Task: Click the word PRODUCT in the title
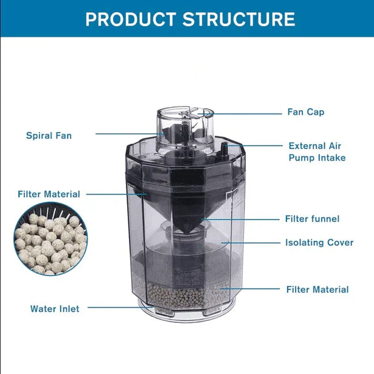click(x=131, y=19)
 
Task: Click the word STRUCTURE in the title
click(x=239, y=19)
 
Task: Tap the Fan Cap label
click(x=306, y=112)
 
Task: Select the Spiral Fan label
click(x=49, y=136)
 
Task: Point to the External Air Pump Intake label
click(x=317, y=151)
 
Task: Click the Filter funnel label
click(x=312, y=219)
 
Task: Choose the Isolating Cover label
click(x=319, y=243)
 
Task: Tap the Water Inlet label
click(x=55, y=309)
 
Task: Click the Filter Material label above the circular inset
click(x=49, y=194)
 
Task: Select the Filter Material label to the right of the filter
click(x=317, y=289)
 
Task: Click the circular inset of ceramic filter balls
click(x=50, y=239)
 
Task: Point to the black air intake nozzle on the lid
click(x=224, y=149)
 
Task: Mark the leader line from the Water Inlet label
click(x=120, y=307)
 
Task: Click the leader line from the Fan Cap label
click(x=240, y=114)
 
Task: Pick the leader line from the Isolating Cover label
click(x=251, y=243)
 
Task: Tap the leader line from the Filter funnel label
click(x=240, y=219)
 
